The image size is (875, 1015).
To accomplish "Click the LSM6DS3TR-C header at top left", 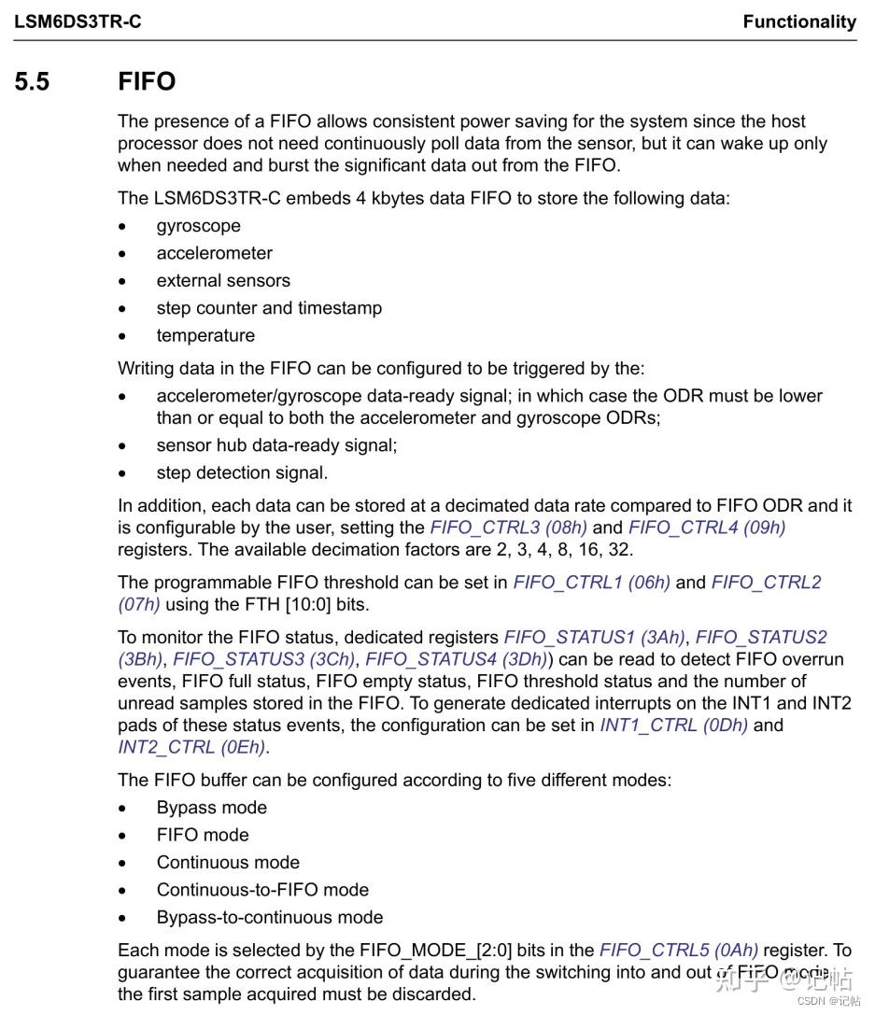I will point(78,21).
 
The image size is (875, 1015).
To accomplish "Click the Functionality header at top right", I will point(798,21).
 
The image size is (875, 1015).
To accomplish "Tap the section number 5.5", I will point(32,82).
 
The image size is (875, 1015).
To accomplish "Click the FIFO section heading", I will point(147,82).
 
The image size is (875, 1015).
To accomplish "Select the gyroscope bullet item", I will point(198,226).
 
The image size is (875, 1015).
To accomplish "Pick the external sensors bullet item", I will point(223,281).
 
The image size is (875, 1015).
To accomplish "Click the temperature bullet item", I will point(205,335).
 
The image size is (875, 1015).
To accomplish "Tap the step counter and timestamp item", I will point(269,308).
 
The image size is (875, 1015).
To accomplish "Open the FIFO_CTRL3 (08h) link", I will point(509,528).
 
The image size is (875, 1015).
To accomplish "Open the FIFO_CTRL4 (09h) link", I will point(707,528).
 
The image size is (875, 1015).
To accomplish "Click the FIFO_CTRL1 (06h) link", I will point(591,583).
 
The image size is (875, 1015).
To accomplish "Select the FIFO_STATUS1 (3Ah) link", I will point(595,638).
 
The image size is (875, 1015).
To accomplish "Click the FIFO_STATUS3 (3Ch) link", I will point(264,659).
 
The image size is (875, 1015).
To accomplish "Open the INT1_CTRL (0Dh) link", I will point(673,726).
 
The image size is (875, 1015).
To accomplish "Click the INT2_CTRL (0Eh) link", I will point(191,747).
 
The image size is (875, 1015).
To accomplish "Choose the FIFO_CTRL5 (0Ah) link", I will point(679,951).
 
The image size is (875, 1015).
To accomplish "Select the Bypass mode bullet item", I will point(211,808).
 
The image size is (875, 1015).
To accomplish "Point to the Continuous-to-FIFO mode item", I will point(262,890).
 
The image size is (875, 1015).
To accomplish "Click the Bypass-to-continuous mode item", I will point(270,917).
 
